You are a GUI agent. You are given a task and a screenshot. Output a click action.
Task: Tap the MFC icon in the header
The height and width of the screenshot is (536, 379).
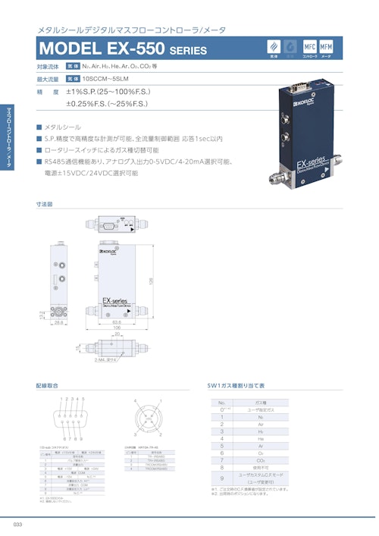pos(310,48)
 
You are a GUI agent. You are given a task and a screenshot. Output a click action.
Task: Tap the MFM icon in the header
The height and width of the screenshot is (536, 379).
pos(327,48)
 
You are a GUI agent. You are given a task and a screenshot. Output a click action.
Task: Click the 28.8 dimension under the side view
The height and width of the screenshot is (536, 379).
pos(58,322)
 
